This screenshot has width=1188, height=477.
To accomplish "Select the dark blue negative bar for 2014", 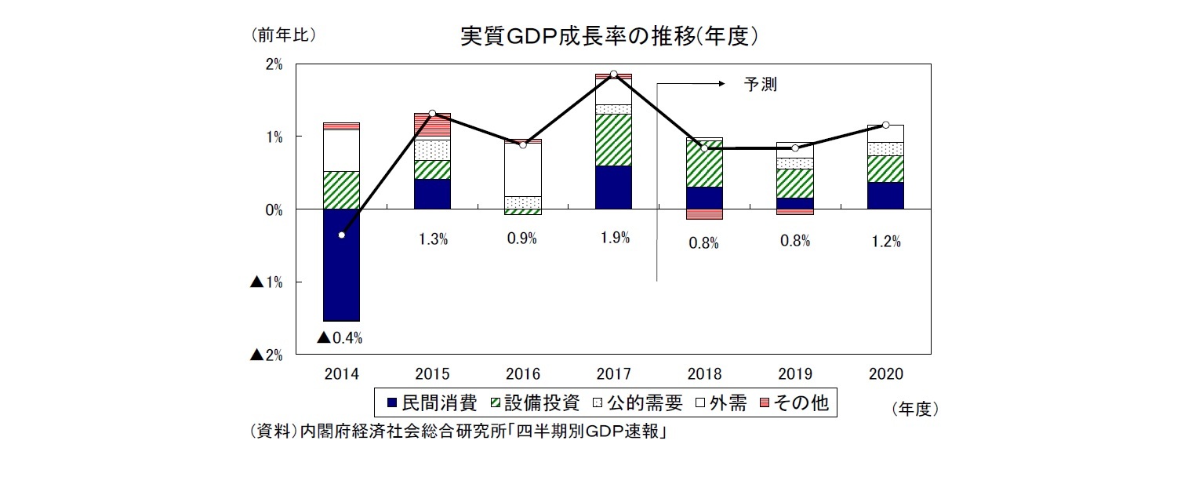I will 341,264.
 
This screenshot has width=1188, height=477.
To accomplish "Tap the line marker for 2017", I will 614,74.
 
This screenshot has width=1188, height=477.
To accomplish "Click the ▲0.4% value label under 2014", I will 340,338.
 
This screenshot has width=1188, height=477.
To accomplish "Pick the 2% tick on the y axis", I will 274,64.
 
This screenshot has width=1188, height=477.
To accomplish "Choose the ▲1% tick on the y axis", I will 267,282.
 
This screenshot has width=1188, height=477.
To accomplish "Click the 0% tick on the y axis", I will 274,209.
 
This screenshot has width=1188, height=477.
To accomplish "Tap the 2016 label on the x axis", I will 523,373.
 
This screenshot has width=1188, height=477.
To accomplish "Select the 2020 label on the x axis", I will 886,373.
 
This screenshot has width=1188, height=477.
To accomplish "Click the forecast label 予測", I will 760,85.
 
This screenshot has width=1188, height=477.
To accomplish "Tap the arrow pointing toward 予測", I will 690,82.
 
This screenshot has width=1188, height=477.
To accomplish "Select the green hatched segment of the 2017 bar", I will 614,140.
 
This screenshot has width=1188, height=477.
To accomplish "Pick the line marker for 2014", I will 341,235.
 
